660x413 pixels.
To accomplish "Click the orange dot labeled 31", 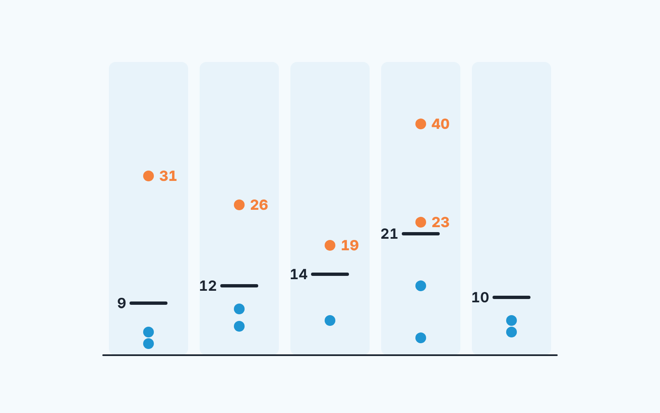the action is [148, 176].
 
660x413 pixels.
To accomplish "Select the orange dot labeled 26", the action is [239, 205].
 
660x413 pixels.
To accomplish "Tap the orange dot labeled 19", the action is [330, 245].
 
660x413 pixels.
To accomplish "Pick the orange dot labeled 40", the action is [421, 124].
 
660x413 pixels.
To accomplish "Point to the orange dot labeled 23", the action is [421, 222].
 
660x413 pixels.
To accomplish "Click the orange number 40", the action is [440, 124].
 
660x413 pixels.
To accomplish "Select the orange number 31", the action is [168, 176].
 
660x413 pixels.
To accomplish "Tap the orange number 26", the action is [259, 205].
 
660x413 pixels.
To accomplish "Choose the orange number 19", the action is [350, 245].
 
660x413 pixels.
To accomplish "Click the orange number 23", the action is [441, 222].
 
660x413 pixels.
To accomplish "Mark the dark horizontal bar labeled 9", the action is [148, 303].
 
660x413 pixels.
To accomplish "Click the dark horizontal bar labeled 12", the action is [239, 285].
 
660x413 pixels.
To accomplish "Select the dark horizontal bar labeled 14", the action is [330, 274].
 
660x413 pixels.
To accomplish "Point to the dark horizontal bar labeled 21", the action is [421, 234].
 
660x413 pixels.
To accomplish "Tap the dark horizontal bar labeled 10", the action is [511, 297].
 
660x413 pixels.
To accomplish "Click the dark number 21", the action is [389, 234].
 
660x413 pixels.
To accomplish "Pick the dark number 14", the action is [299, 274].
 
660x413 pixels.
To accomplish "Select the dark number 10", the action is [480, 297].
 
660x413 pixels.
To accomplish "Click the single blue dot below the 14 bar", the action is [330, 320].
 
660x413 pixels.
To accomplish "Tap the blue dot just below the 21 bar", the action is [421, 285].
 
